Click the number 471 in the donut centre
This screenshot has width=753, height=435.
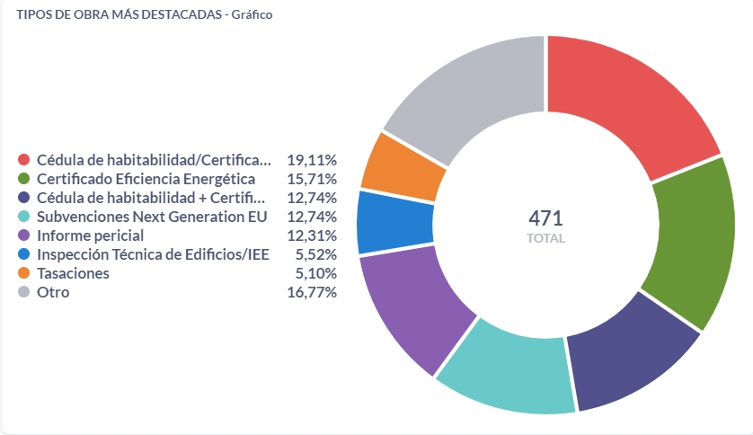(545, 218)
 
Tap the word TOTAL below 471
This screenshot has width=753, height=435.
(545, 239)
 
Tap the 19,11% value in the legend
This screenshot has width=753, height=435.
(312, 160)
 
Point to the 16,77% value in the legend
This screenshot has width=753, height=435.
(312, 292)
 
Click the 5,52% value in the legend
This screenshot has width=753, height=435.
(315, 254)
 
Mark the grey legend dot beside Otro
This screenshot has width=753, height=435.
(23, 292)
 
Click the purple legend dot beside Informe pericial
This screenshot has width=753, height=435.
(23, 235)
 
